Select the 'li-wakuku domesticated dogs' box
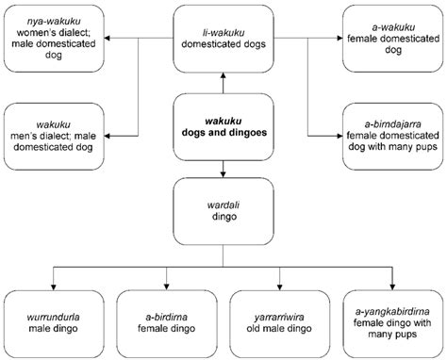pyautogui.click(x=223, y=39)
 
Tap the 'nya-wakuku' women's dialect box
pyautogui.click(x=54, y=39)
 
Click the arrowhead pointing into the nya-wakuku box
pyautogui.click(x=107, y=39)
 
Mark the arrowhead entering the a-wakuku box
pyautogui.click(x=339, y=39)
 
